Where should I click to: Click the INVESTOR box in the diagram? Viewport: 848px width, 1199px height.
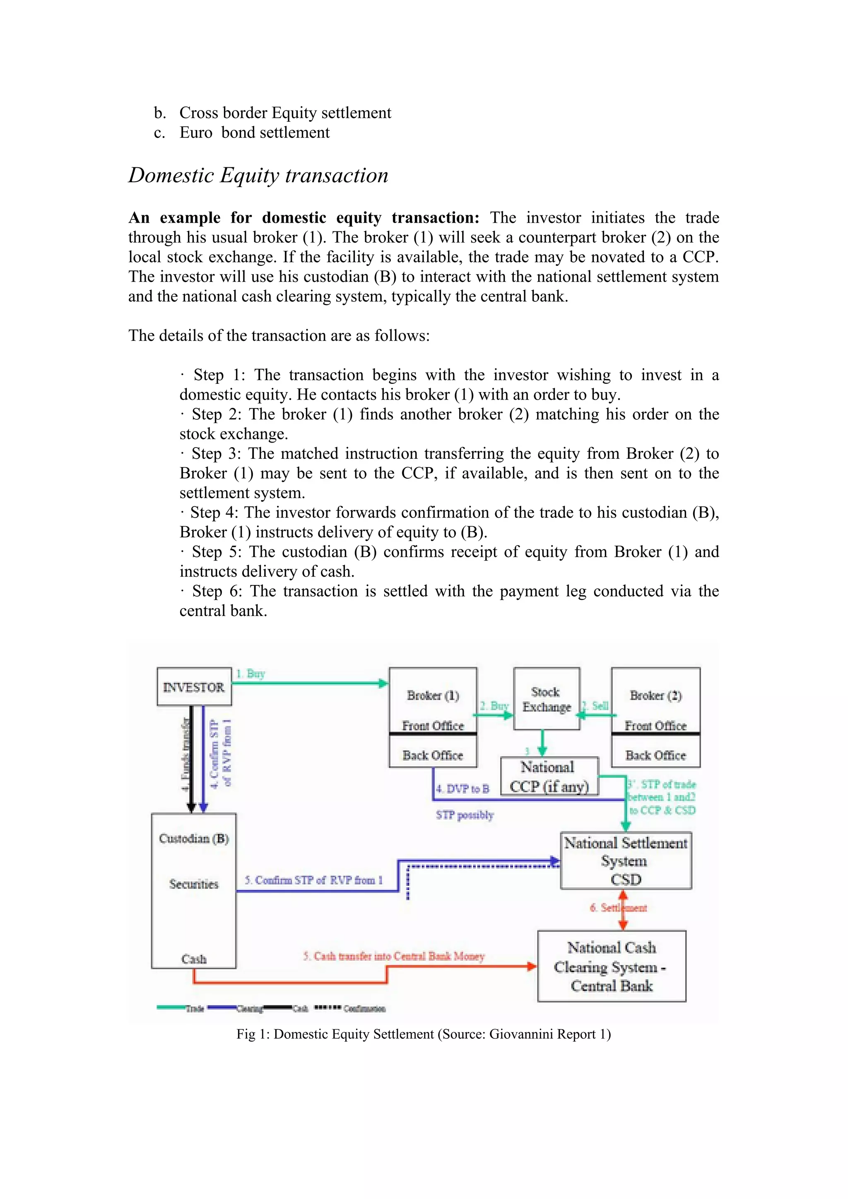click(194, 687)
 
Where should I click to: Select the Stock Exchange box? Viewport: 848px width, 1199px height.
click(546, 699)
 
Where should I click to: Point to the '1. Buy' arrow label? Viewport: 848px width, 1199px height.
click(251, 674)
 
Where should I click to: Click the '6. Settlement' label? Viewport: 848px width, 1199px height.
click(618, 908)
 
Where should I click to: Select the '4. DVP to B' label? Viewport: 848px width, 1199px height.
click(463, 789)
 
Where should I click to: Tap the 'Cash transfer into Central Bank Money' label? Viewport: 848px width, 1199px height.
click(394, 956)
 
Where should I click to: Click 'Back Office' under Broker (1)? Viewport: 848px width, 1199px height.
click(432, 755)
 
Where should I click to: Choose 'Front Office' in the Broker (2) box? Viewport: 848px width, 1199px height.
click(655, 725)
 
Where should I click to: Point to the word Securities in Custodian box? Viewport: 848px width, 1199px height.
click(194, 884)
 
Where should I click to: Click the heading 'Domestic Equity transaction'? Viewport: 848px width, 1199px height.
click(258, 176)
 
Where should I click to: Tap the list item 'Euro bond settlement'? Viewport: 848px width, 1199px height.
click(254, 132)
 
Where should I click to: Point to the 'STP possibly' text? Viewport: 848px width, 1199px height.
click(465, 815)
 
